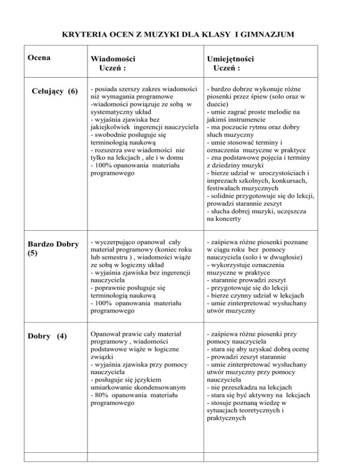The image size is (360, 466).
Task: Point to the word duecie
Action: pos(217,106)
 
